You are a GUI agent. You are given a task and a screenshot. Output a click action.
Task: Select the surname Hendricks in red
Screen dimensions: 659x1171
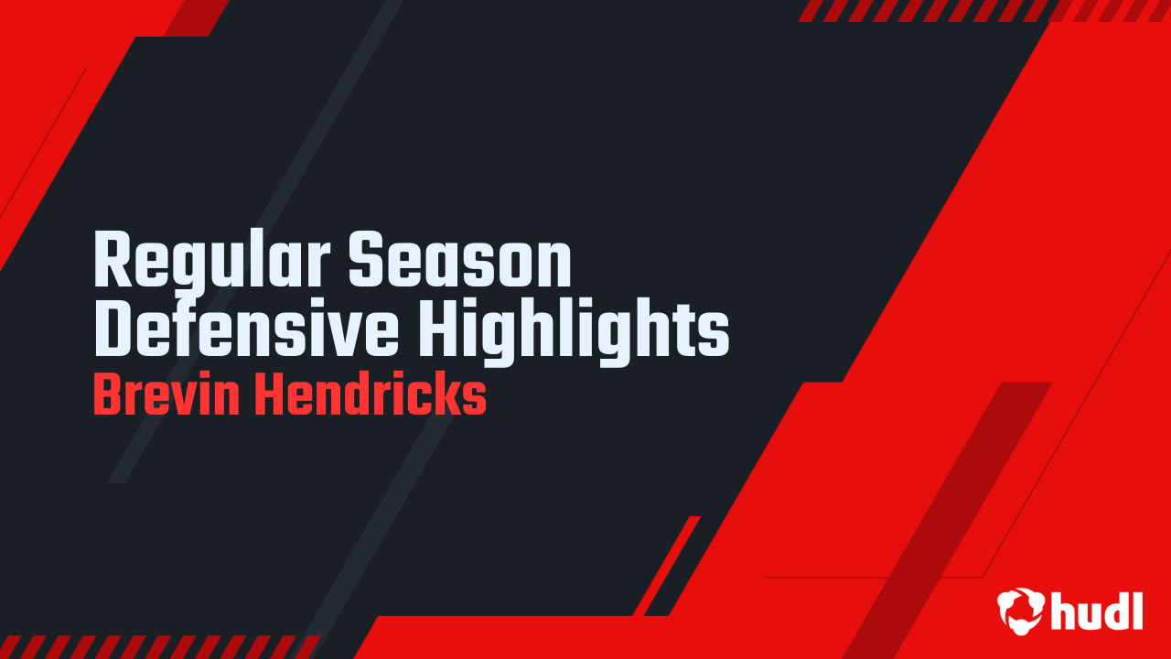[370, 396]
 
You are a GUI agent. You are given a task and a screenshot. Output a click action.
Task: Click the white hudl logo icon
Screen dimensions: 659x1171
[1020, 609]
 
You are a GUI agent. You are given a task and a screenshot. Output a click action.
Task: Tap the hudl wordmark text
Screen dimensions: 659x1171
[1097, 610]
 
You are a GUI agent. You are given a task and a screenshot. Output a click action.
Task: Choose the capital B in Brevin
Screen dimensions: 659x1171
[107, 396]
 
